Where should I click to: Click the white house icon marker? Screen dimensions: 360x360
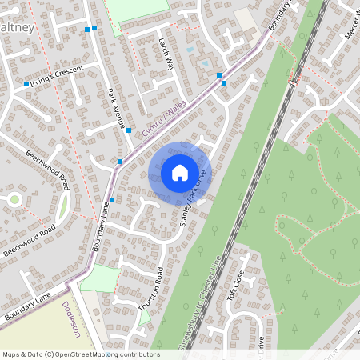[x=180, y=172]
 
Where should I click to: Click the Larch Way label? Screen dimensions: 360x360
[x=166, y=54]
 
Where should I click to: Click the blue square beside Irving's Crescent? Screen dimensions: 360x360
[x=26, y=83]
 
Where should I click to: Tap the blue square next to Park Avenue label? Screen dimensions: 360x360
[x=128, y=129]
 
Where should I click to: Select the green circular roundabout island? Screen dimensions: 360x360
[x=14, y=199]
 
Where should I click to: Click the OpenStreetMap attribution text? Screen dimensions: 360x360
[x=80, y=354]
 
